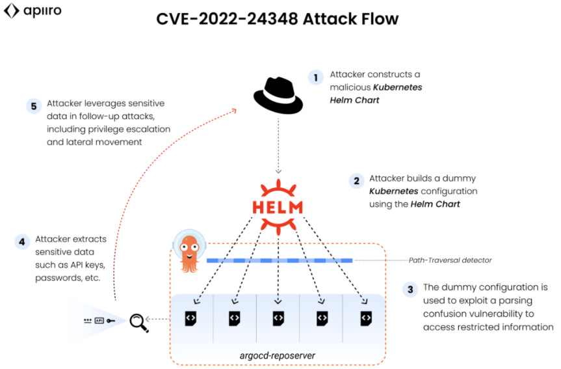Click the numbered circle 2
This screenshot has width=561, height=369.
tap(356, 180)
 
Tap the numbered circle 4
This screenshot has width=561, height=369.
tap(22, 241)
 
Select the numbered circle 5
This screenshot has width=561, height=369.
tap(34, 106)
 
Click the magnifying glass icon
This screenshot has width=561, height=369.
tap(138, 321)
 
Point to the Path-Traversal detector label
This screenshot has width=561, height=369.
tap(450, 260)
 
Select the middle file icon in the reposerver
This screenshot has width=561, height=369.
tap(278, 318)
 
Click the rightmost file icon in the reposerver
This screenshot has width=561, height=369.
tap(366, 318)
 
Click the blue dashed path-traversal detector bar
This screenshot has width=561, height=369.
tap(280, 260)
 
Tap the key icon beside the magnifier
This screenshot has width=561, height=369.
tap(112, 321)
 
